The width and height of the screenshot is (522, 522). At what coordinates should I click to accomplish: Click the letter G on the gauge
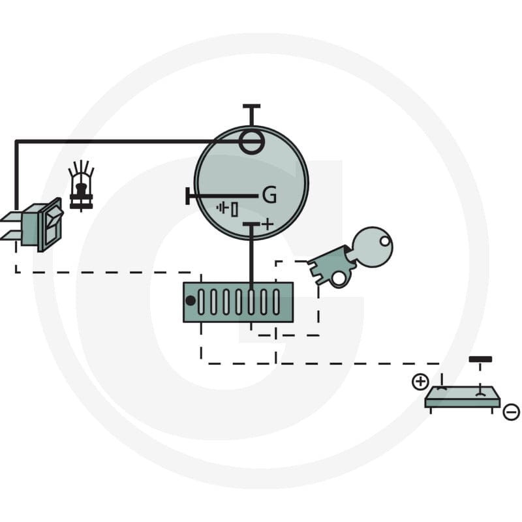269,195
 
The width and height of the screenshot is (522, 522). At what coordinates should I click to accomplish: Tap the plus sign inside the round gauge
268,224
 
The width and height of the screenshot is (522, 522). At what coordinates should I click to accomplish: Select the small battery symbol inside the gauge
227,209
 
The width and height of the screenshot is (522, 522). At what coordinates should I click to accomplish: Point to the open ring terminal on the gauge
252,142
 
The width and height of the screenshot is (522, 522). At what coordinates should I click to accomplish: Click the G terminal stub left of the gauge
188,196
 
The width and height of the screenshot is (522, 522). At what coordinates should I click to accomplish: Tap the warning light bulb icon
81,186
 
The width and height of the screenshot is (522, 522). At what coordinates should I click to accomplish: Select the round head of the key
372,247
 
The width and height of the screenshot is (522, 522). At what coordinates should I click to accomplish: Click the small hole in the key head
385,241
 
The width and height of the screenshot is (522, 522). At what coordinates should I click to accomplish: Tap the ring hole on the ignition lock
339,279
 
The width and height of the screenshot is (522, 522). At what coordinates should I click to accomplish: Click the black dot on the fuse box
191,301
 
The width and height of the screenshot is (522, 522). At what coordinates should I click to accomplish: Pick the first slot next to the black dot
201,302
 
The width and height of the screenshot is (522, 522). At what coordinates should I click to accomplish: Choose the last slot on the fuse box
276,302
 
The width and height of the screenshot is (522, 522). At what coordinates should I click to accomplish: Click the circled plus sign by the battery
420,382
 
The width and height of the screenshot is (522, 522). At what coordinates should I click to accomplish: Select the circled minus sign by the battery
511,412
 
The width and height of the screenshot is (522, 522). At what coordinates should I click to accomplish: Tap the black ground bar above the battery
480,360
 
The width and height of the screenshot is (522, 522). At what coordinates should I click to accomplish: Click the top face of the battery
463,393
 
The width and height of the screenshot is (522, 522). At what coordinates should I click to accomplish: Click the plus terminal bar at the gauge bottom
251,224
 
